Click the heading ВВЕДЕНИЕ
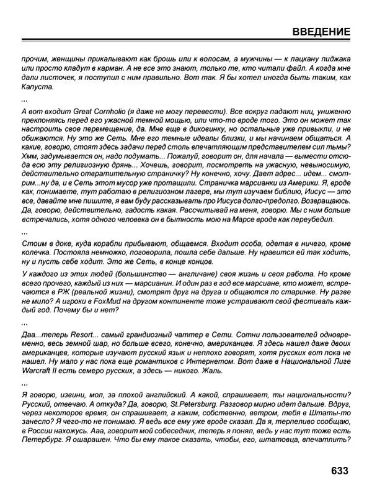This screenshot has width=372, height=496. click(x=321, y=32)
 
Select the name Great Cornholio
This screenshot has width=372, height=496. click(x=86, y=111)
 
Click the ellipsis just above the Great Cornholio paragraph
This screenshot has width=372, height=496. click(x=25, y=99)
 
